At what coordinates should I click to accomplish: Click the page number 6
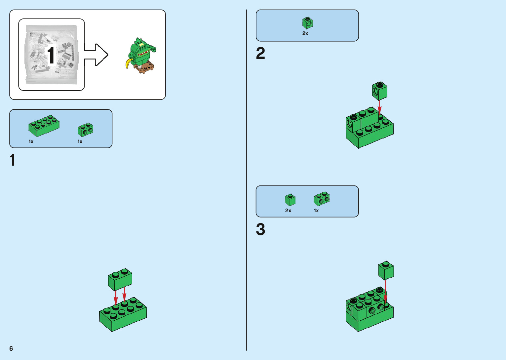(x=11, y=348)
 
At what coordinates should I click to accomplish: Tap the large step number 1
(x=13, y=160)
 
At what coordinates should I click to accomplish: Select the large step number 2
(x=260, y=53)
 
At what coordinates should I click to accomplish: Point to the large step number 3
(x=260, y=229)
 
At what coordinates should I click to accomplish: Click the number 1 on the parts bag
(x=51, y=55)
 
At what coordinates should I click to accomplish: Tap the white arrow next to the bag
(x=97, y=55)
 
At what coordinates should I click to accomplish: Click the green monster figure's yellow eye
(x=141, y=45)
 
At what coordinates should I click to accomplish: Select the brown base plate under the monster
(x=145, y=67)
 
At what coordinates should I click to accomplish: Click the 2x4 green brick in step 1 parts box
(x=44, y=126)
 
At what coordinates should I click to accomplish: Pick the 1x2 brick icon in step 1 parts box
(x=85, y=130)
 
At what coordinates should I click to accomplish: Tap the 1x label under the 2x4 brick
(x=31, y=141)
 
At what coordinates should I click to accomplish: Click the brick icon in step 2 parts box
(x=307, y=23)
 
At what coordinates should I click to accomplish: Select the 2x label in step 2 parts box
(x=305, y=33)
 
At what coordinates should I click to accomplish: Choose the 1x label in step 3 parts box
(x=316, y=211)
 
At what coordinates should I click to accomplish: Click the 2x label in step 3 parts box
(x=288, y=211)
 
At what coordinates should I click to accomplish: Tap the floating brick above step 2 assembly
(x=379, y=91)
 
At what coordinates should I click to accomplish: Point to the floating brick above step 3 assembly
(x=386, y=271)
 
